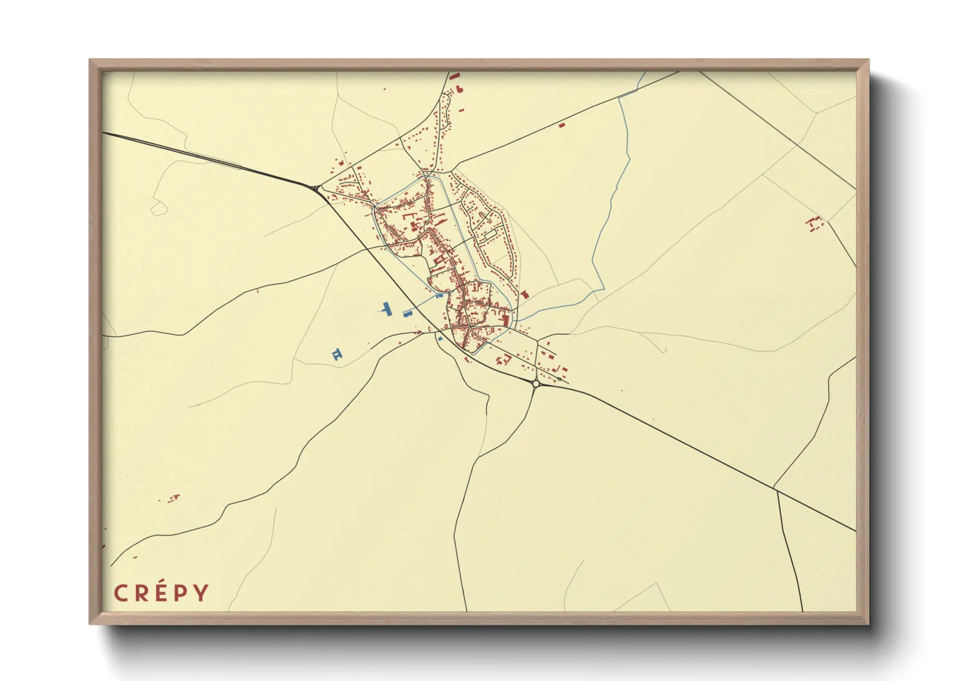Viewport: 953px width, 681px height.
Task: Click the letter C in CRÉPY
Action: (120, 593)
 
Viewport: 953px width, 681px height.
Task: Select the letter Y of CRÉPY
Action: (202, 593)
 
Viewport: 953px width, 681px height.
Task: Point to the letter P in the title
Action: (182, 593)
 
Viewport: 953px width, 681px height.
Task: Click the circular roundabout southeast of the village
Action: (536, 384)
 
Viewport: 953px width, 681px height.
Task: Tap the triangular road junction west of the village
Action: (316, 188)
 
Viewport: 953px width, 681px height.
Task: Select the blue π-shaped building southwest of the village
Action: (337, 353)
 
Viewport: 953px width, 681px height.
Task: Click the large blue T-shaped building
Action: (387, 309)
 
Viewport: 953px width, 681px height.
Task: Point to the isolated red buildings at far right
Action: (815, 223)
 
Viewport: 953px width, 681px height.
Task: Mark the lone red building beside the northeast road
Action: (561, 124)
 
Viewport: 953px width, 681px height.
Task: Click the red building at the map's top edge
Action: (455, 76)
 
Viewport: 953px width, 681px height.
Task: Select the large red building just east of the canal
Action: (525, 294)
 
